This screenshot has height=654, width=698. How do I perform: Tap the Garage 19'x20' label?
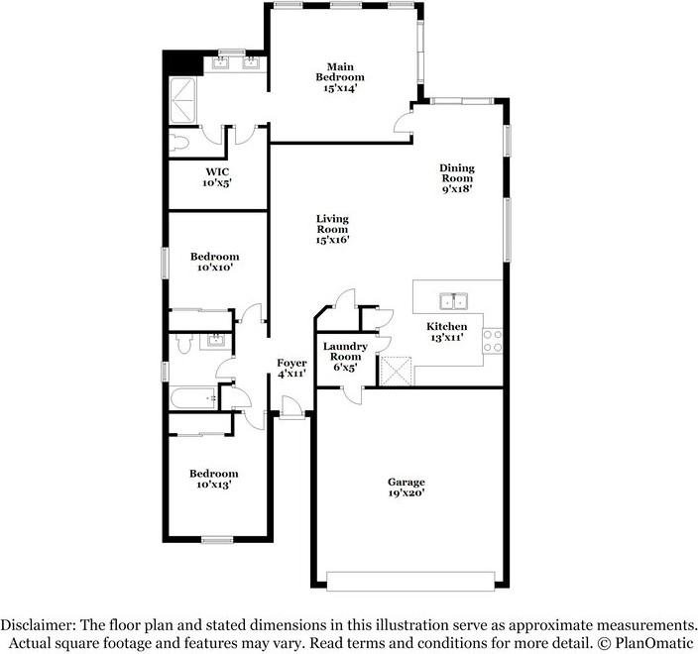click(x=406, y=488)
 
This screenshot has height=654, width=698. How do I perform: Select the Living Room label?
click(x=332, y=229)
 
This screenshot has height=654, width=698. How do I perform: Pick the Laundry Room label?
click(x=344, y=357)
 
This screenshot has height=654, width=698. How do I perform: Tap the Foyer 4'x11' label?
click(x=291, y=369)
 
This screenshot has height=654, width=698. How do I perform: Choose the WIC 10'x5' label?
click(x=217, y=176)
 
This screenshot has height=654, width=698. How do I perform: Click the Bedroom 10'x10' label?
click(x=216, y=262)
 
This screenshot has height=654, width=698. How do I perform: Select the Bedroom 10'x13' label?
click(x=214, y=480)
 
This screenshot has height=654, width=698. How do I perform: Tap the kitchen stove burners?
click(x=492, y=341)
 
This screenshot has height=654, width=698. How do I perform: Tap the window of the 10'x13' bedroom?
click(x=216, y=539)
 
